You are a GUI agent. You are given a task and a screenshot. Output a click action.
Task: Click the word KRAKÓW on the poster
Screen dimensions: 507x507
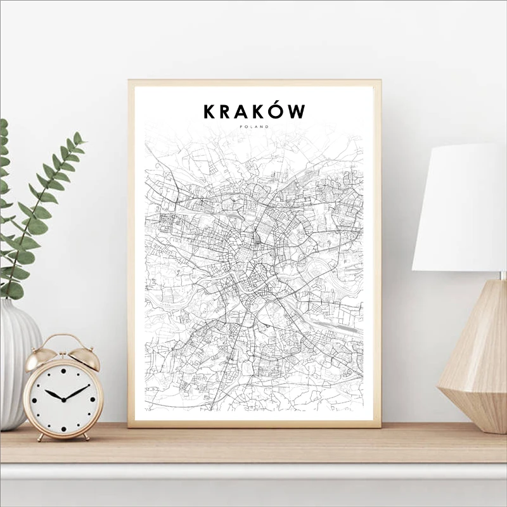coord(254,112)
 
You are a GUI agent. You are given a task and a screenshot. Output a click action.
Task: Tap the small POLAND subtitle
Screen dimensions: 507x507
coord(254,127)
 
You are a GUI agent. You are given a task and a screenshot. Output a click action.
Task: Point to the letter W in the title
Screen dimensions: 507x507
coord(297,112)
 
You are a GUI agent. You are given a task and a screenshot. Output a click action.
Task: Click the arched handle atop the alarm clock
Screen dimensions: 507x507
coord(63,343)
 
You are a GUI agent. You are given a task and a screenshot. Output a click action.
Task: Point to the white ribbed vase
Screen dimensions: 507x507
coord(18,361)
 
